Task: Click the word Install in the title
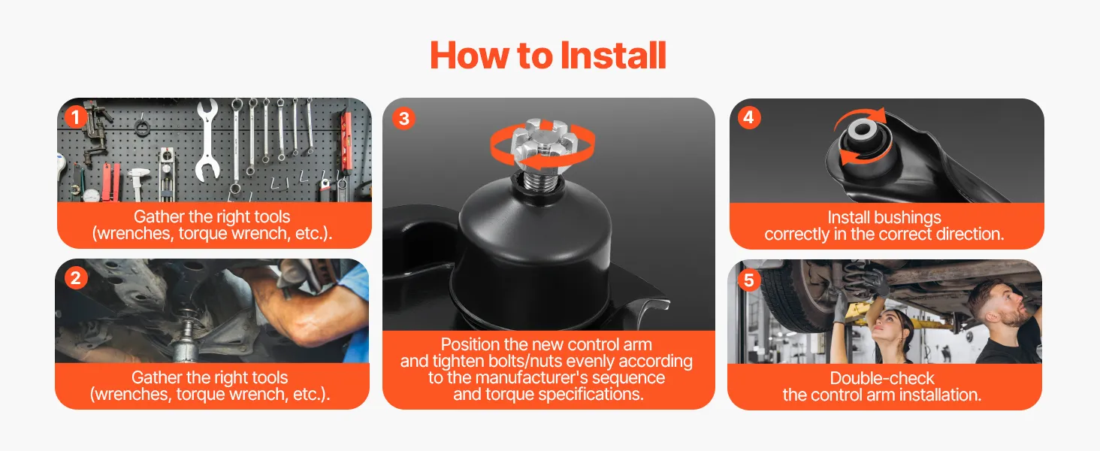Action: (x=613, y=56)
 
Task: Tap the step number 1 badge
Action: (x=75, y=117)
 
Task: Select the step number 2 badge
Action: (x=76, y=278)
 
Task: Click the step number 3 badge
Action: (x=403, y=119)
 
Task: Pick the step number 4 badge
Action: (x=748, y=117)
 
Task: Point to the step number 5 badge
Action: (x=748, y=280)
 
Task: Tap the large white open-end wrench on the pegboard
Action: (x=207, y=140)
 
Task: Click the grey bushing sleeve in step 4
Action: (x=863, y=130)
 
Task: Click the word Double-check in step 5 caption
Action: (x=882, y=378)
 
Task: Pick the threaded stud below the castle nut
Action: (x=540, y=180)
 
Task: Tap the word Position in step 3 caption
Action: (x=471, y=344)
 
